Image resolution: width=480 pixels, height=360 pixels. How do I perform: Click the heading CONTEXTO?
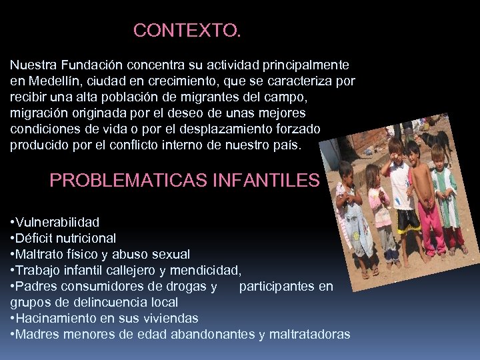click(x=187, y=31)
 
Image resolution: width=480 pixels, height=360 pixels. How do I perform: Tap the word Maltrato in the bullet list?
click(x=41, y=254)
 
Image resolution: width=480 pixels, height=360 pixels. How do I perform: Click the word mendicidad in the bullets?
click(x=205, y=270)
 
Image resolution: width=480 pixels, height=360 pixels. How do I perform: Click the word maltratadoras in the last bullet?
click(x=309, y=334)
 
